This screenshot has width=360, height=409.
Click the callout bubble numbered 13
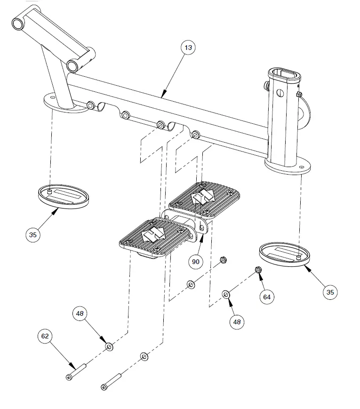click(x=189, y=48)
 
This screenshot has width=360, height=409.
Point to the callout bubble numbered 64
click(x=267, y=297)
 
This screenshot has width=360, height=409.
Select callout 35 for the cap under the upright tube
click(x=330, y=292)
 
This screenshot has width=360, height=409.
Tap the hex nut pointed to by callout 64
click(x=258, y=270)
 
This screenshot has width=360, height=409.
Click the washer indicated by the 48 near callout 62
click(x=109, y=347)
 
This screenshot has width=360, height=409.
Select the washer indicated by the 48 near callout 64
click(x=226, y=295)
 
